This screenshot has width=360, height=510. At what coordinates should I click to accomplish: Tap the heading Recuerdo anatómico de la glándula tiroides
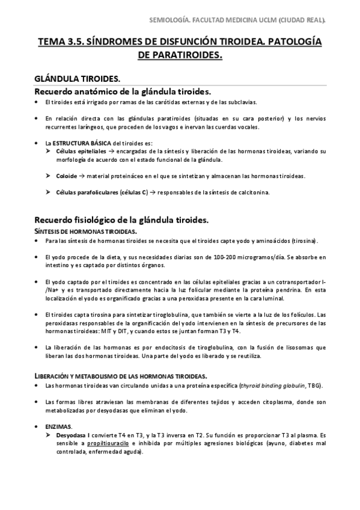(x=122, y=91)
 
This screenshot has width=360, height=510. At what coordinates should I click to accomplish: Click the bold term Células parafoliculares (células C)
(x=100, y=192)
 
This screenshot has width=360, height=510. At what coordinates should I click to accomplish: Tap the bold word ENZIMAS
(x=58, y=426)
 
